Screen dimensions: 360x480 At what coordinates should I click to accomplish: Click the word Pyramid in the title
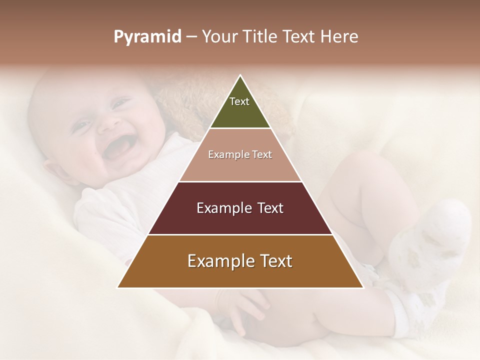click(x=147, y=37)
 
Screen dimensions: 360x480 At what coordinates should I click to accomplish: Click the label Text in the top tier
click(x=239, y=101)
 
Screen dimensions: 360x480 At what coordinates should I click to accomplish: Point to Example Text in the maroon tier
click(x=240, y=208)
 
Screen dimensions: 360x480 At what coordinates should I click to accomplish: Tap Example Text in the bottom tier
click(x=240, y=261)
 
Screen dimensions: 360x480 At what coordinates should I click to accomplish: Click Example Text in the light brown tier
click(x=240, y=154)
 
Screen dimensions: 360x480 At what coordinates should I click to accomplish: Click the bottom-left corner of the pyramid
click(x=118, y=287)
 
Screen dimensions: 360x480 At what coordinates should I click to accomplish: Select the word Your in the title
click(x=218, y=37)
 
